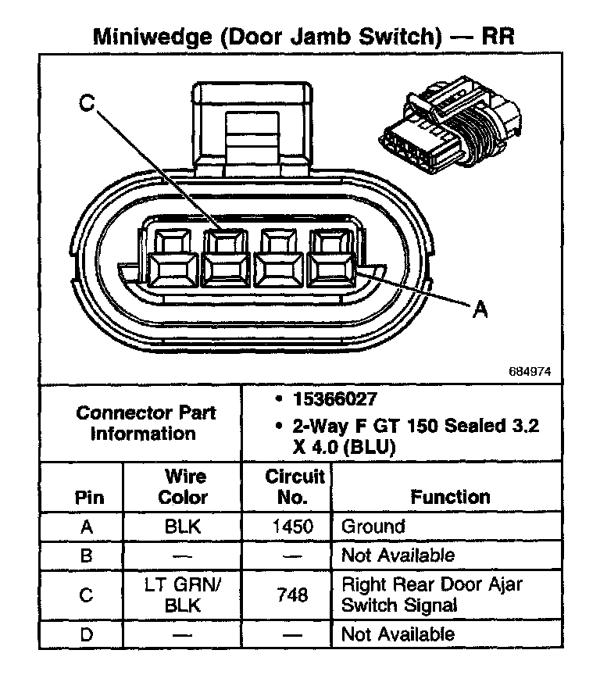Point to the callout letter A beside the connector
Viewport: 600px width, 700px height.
point(480,311)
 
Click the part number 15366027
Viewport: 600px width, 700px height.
point(335,399)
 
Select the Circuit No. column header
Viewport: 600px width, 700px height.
point(295,486)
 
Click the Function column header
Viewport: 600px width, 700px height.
point(450,496)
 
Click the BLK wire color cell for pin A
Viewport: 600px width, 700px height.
point(183,527)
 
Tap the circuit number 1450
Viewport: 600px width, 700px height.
point(293,527)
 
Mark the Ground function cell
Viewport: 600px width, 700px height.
point(373,527)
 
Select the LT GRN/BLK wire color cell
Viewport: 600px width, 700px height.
point(183,595)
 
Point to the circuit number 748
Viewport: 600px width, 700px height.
point(293,595)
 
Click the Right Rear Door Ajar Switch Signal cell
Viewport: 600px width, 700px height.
point(432,595)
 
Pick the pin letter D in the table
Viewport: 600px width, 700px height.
point(87,634)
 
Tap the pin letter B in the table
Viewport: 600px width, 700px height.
point(87,555)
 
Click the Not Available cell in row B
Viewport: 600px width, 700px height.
point(398,555)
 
